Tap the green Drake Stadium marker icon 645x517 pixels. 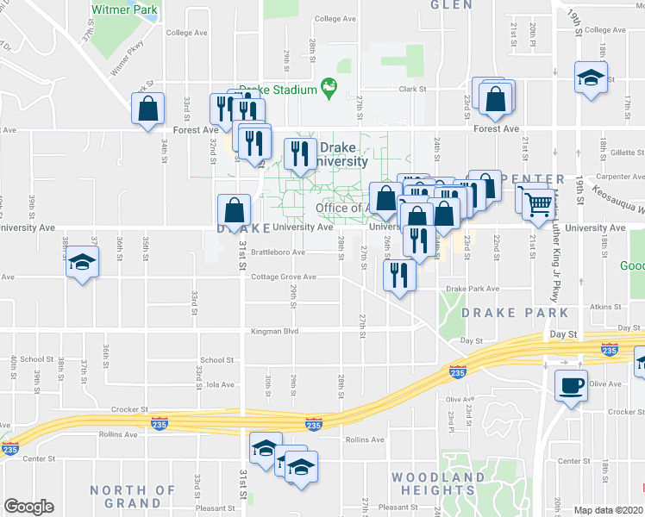point(328,85)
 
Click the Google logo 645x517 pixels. point(28,507)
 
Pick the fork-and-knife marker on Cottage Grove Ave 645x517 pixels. point(398,276)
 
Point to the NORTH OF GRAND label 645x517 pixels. point(133,496)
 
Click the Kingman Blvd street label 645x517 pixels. point(273,331)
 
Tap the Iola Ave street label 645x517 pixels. point(221,385)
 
